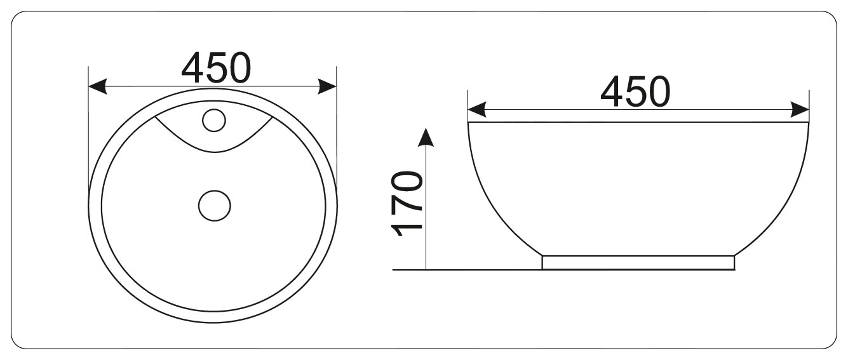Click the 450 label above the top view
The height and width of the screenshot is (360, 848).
coord(216,68)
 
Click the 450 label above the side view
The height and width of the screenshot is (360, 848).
coord(635,91)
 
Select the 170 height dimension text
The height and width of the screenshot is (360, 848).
coord(407,204)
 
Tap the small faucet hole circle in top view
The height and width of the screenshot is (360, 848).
coord(214,121)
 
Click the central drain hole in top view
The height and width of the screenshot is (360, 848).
coord(215,206)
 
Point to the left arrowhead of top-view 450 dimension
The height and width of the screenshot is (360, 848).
coord(97,86)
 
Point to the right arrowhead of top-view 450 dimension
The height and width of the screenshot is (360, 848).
coord(327,86)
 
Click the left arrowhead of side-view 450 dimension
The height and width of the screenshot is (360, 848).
coord(477,109)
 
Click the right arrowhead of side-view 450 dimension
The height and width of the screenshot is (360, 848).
coord(800,109)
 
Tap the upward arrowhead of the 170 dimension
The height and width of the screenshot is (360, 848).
coord(426,137)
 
